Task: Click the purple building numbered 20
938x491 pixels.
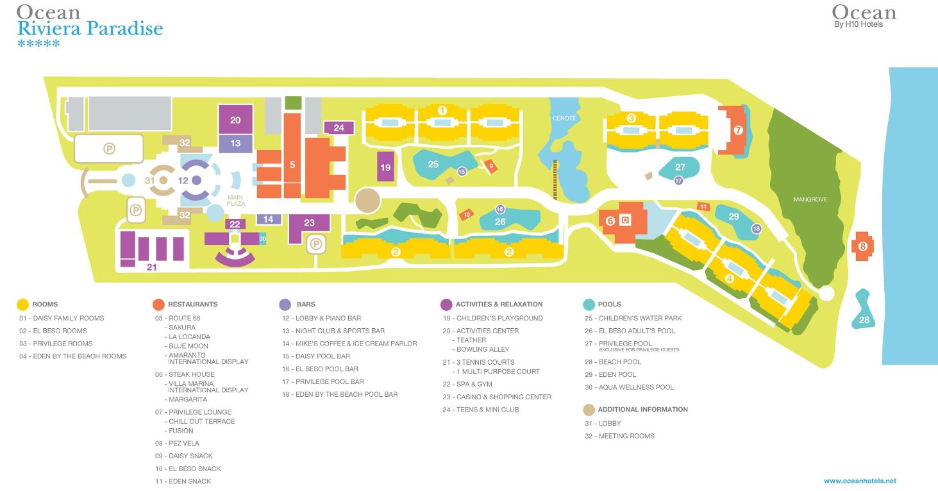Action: point(235,120)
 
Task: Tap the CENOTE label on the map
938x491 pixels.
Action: point(564,119)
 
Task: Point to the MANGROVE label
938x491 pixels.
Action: point(810,200)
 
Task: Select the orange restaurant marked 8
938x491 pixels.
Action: point(863,246)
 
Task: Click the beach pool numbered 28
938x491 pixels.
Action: point(864,320)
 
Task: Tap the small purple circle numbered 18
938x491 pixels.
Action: point(757,229)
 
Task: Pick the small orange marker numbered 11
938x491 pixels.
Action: point(703,206)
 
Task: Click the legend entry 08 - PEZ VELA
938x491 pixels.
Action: point(177,444)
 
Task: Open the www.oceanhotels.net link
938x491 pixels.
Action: point(860,481)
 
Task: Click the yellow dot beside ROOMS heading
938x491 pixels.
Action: point(23,304)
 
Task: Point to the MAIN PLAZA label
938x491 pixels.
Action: point(236,200)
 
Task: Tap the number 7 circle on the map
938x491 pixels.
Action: point(738,131)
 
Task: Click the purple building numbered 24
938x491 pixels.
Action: point(339,128)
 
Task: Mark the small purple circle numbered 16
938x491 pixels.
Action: point(501,209)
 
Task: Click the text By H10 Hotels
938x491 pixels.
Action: point(858,25)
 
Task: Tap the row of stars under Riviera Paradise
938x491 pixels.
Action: point(38,44)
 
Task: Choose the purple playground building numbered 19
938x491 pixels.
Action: point(385,168)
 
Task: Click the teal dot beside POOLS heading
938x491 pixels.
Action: point(589,304)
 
